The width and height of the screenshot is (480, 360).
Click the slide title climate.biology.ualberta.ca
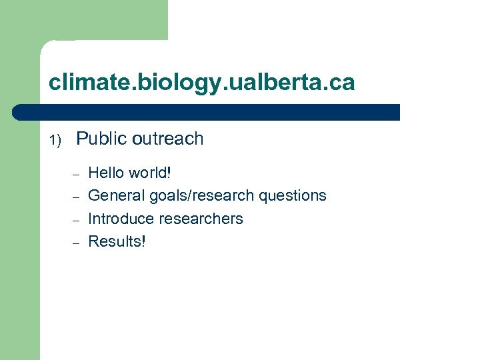202,83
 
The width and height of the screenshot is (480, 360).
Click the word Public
101,139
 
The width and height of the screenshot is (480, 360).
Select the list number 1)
55,140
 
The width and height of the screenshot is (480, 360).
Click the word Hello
106,173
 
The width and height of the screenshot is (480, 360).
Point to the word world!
150,173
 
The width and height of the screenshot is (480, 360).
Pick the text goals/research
201,195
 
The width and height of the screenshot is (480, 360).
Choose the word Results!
117,241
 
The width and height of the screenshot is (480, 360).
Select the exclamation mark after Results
143,241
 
